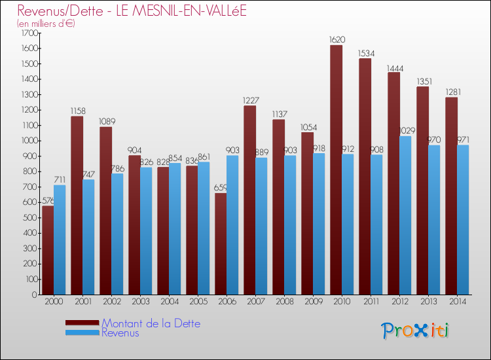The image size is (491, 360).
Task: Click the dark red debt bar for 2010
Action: (336, 170)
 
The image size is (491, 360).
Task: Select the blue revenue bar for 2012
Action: (405, 216)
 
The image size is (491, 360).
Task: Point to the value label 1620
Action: (337, 40)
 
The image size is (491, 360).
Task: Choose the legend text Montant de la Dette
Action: (151, 323)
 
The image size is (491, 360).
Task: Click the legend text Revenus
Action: (120, 333)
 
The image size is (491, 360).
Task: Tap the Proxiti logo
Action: (416, 331)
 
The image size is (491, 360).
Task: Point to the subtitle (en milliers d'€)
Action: (46, 24)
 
